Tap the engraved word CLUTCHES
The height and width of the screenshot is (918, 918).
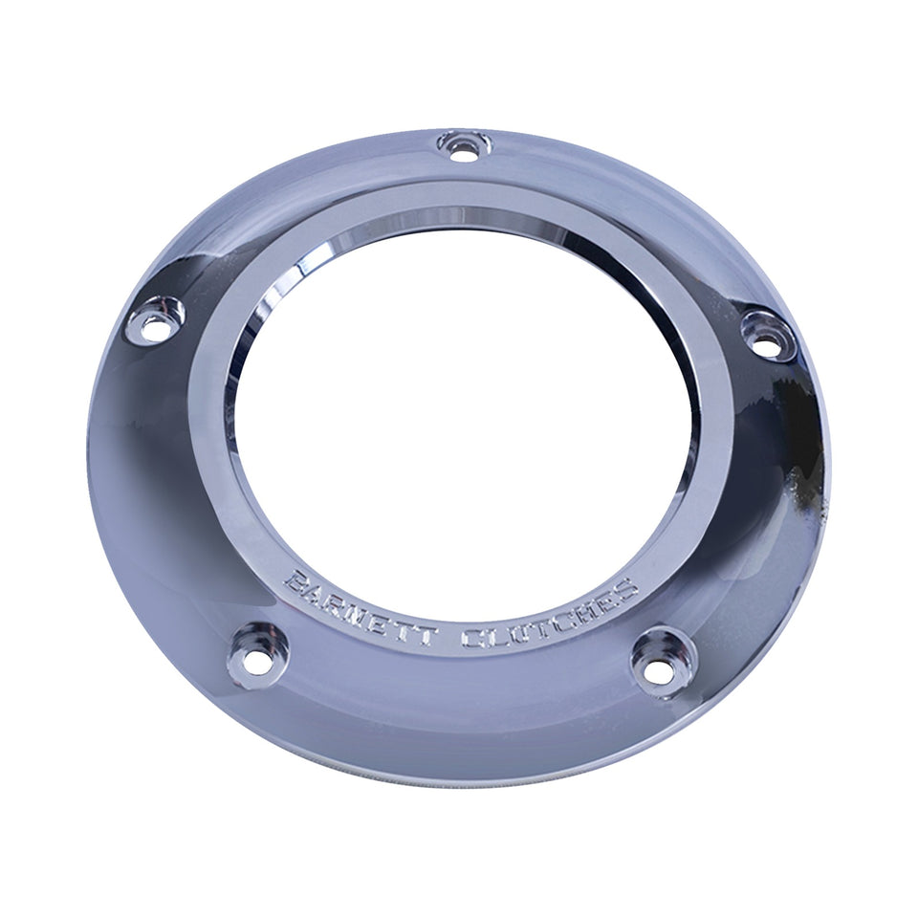click(x=551, y=621)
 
